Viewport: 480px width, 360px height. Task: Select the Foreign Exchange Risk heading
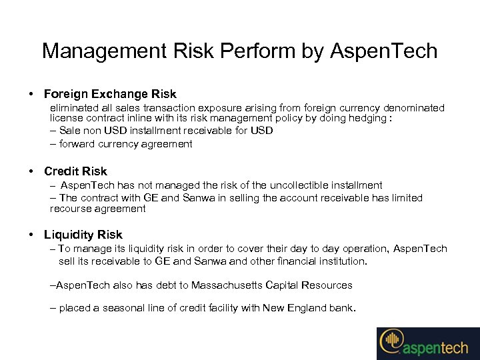[x=110, y=94]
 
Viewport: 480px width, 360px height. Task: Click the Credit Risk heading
[x=75, y=171]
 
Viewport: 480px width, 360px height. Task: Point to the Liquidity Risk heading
[x=83, y=235]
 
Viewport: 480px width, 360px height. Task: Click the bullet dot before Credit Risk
[x=32, y=171]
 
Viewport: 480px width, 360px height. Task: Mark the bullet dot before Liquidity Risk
[x=32, y=235]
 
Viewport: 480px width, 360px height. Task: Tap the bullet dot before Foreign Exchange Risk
[x=32, y=94]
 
